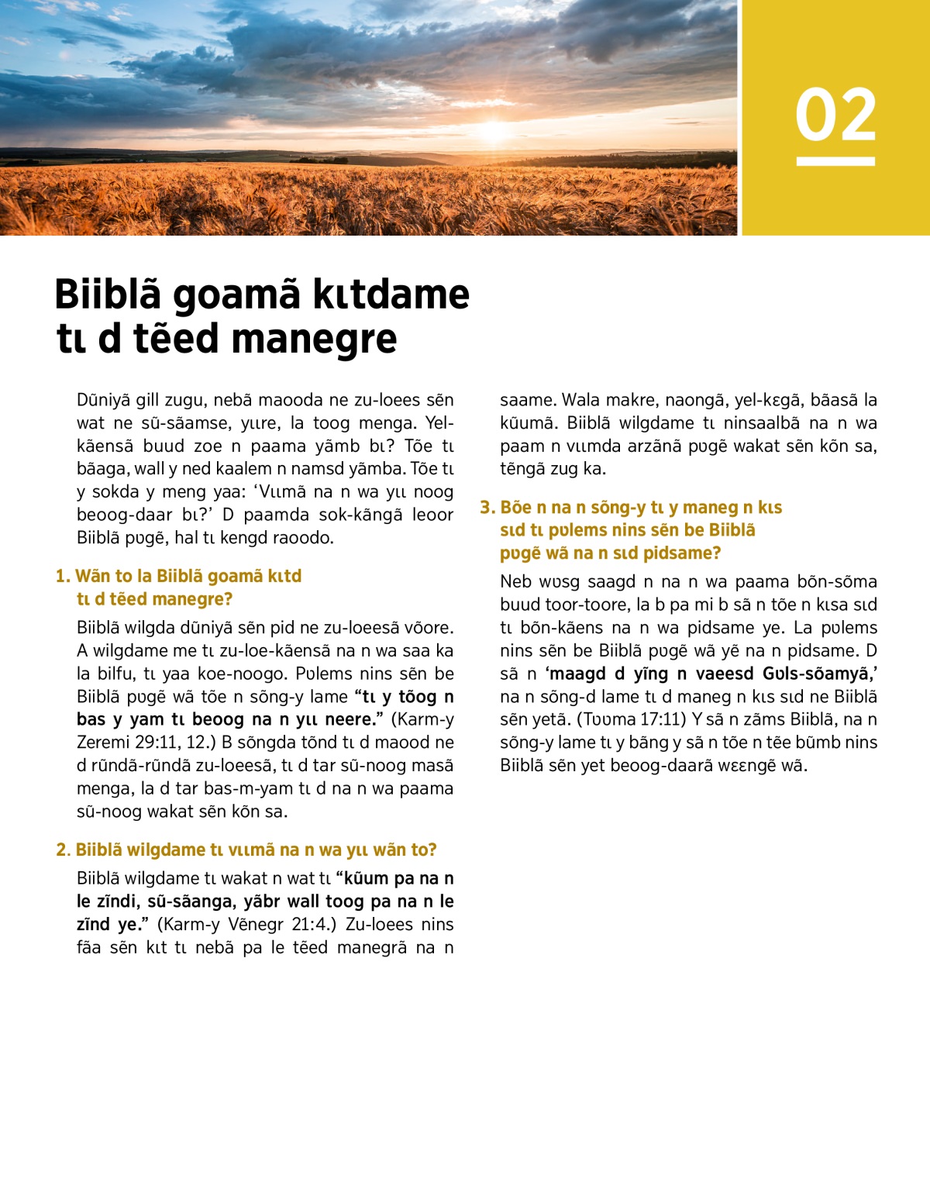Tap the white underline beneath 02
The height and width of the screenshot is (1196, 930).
[x=835, y=161]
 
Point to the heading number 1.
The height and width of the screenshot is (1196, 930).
[x=62, y=576]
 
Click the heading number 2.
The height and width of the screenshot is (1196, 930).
[x=63, y=850]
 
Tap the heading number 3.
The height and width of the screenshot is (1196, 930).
[x=487, y=507]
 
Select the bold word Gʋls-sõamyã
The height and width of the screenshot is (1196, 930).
[x=820, y=673]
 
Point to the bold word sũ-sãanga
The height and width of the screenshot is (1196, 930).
[x=188, y=901]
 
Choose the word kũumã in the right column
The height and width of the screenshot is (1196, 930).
[x=527, y=423]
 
